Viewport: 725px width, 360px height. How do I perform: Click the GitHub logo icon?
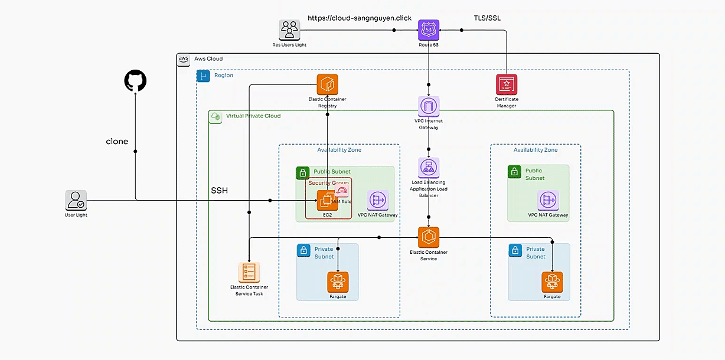click(x=135, y=81)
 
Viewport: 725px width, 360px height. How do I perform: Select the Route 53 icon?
click(x=429, y=30)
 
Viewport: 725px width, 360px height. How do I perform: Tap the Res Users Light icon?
click(x=289, y=30)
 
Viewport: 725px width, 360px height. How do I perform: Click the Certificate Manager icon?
click(x=506, y=84)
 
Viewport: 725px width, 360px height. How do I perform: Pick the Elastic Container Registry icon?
click(x=327, y=84)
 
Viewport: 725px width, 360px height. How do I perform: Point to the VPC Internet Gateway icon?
click(x=429, y=106)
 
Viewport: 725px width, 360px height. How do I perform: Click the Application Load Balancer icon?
click(x=429, y=168)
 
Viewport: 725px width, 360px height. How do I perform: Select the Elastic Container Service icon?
click(x=429, y=237)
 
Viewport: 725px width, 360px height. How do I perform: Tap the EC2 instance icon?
click(x=326, y=201)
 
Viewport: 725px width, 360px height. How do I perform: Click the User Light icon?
click(x=76, y=201)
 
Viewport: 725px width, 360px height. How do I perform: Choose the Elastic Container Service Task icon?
click(x=249, y=273)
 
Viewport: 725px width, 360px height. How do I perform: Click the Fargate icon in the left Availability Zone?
click(x=338, y=282)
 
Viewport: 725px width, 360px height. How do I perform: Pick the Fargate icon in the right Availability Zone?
click(x=552, y=282)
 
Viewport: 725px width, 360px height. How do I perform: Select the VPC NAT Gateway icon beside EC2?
click(x=377, y=200)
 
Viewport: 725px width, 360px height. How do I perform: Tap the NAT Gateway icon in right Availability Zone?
click(x=548, y=201)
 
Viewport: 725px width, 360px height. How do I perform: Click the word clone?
click(x=117, y=142)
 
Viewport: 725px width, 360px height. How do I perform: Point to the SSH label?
click(x=220, y=191)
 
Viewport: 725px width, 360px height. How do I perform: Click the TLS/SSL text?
click(x=487, y=18)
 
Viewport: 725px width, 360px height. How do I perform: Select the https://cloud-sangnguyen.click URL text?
click(x=360, y=18)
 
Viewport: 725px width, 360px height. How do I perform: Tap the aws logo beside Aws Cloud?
click(x=184, y=59)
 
